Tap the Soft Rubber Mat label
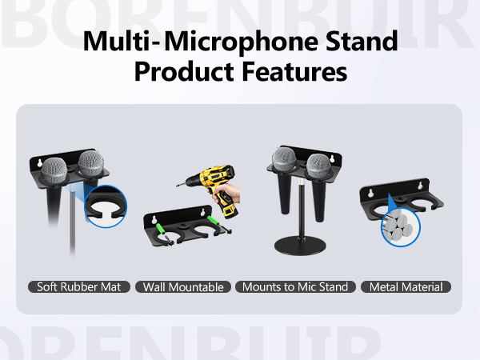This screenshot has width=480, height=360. [x=78, y=286]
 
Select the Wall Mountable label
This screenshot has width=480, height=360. [x=182, y=286]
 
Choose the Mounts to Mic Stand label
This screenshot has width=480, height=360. [x=295, y=286]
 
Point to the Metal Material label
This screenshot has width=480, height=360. [x=406, y=286]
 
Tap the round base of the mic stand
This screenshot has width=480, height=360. [x=300, y=246]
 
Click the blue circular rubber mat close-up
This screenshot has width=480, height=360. [x=106, y=206]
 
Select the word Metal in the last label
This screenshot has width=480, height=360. [x=386, y=286]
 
